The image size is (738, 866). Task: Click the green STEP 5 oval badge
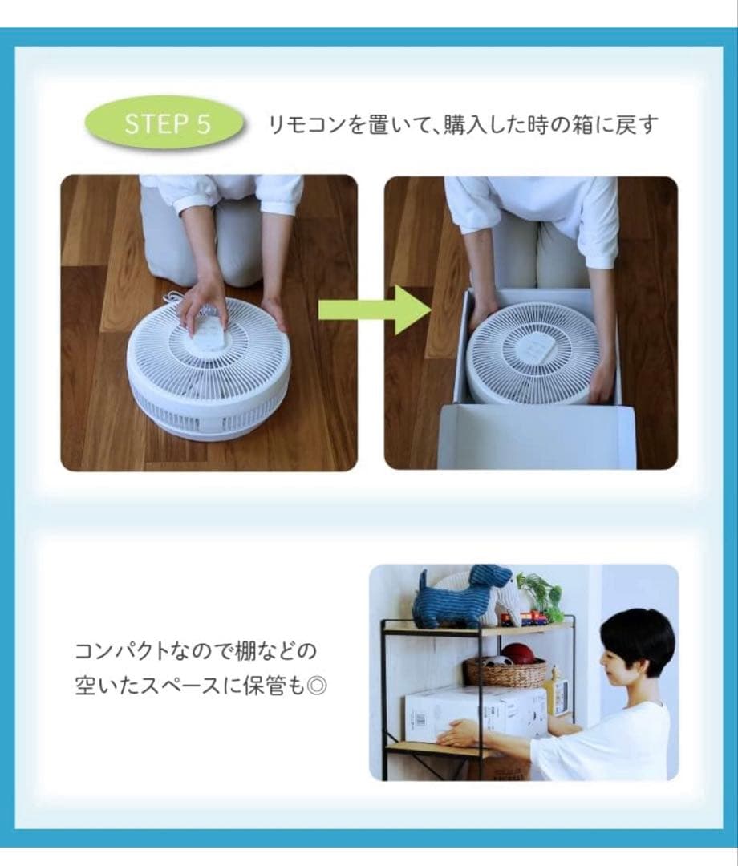coord(164,123)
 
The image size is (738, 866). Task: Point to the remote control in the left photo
coord(208,328)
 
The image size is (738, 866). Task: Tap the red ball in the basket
coord(519,654)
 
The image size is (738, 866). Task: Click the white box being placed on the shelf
coord(476,714)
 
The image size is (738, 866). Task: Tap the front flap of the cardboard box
coord(536,436)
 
